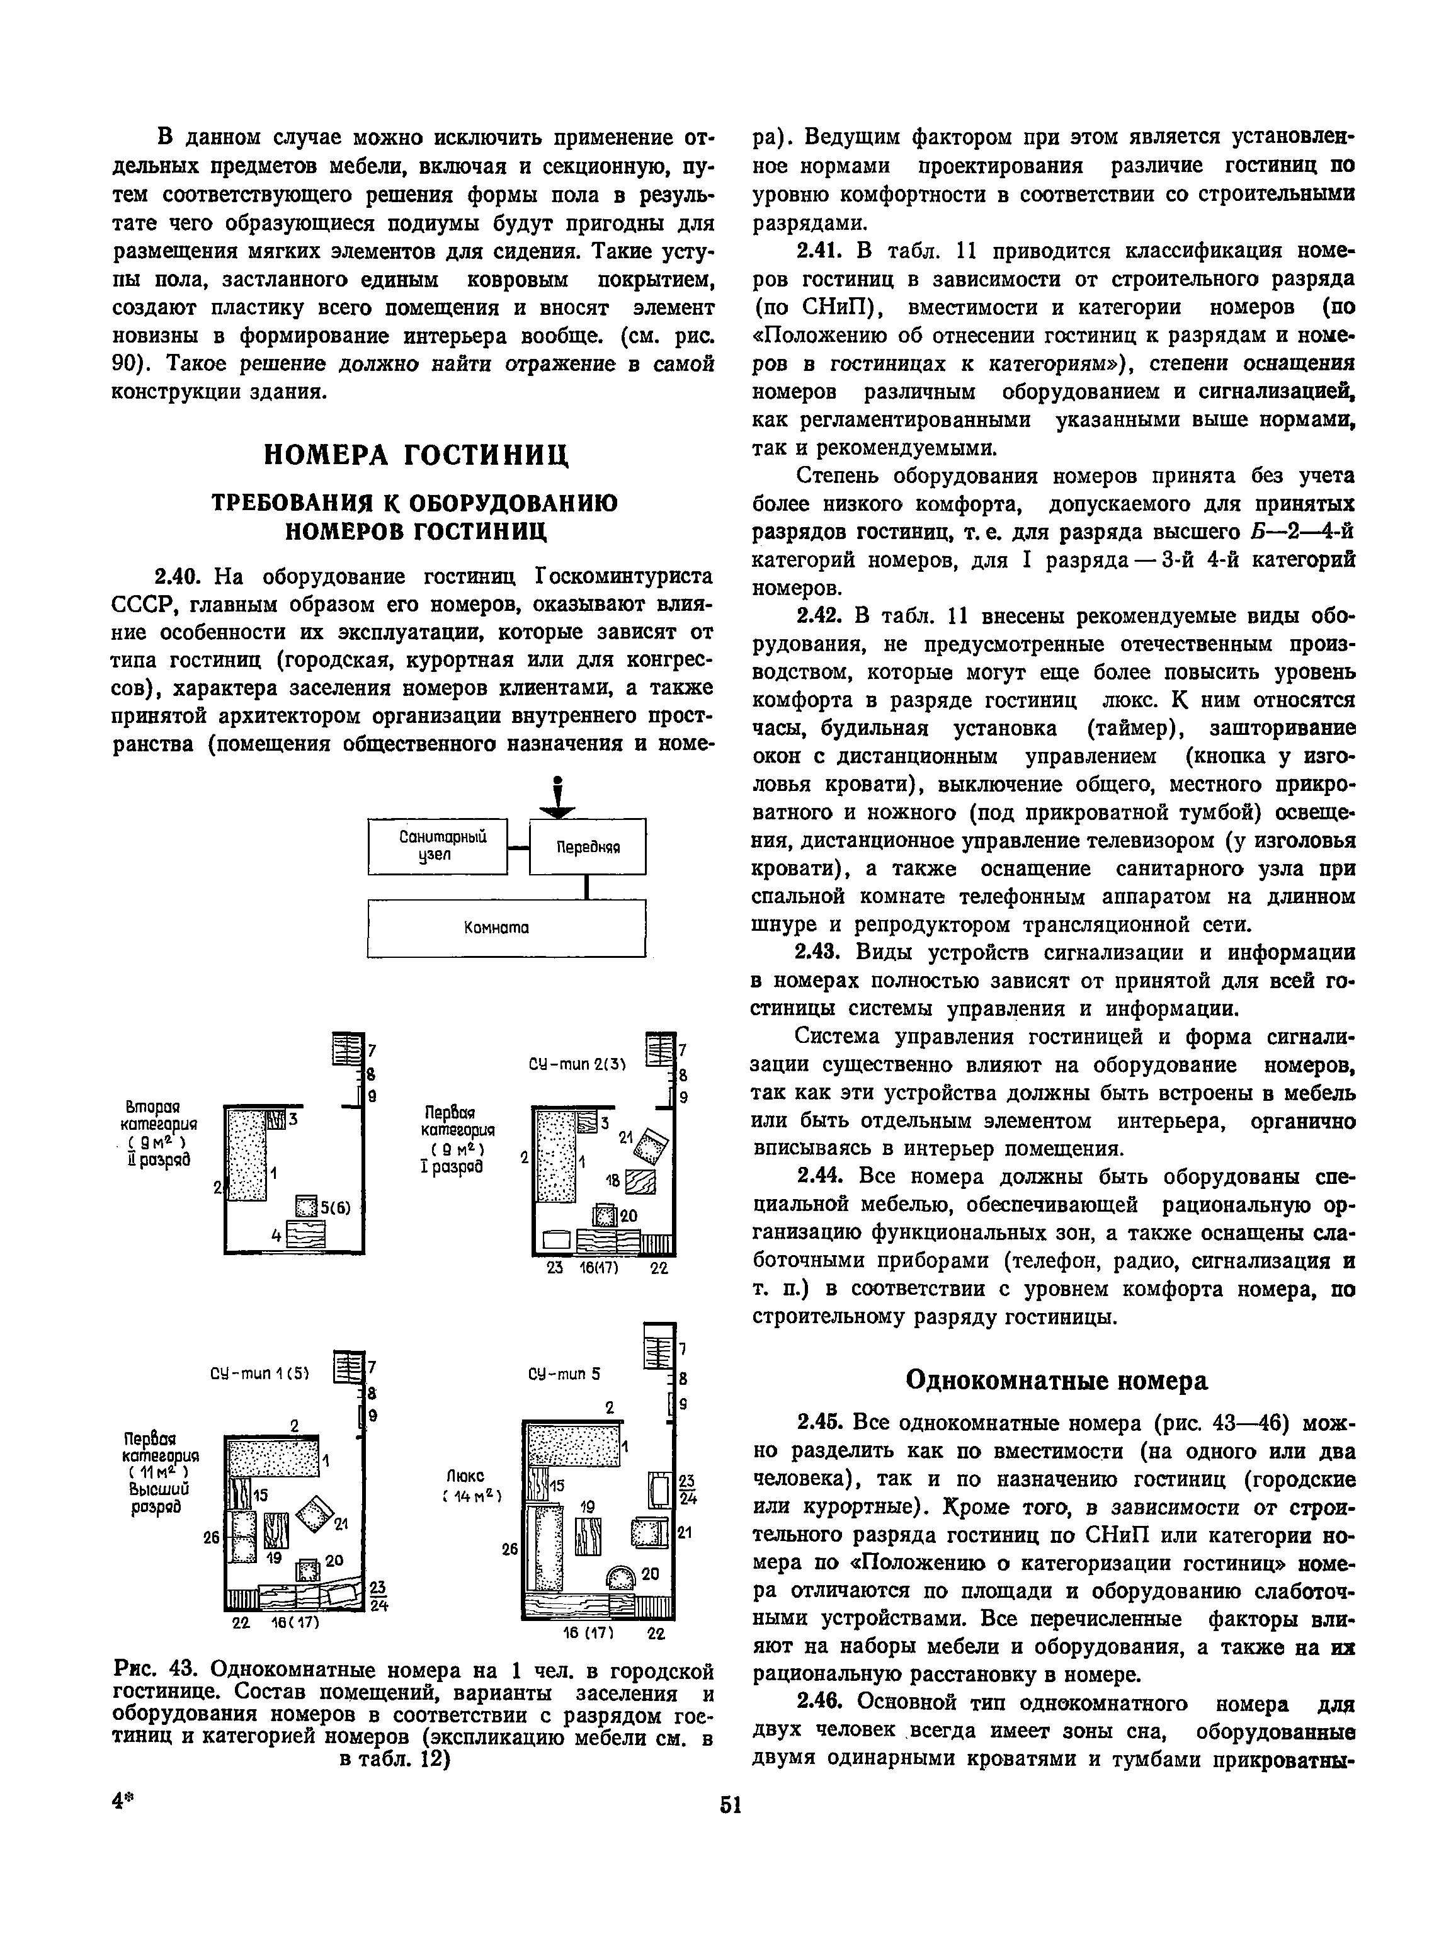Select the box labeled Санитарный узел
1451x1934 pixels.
click(x=437, y=846)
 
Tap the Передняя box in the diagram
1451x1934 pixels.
click(x=588, y=846)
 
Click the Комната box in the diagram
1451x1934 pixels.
click(x=506, y=928)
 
